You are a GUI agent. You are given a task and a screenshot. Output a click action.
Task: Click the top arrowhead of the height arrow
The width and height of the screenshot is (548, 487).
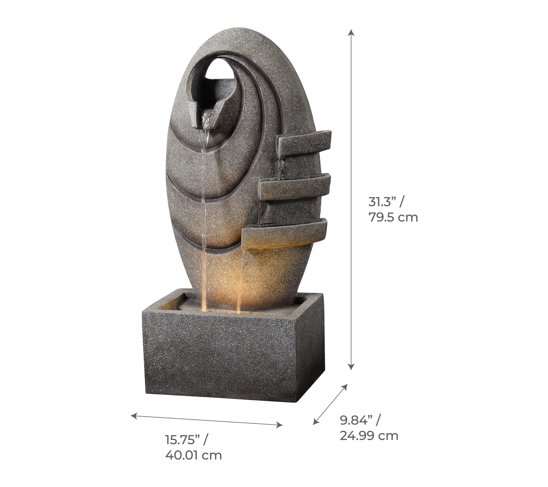coord(351,32)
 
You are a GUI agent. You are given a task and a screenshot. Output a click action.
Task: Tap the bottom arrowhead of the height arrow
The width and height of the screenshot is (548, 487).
coord(351,366)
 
